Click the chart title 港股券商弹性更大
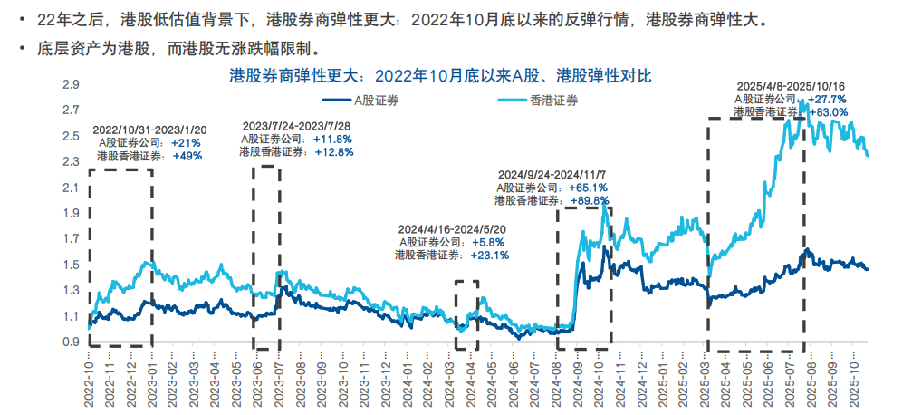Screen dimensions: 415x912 pos(440,76)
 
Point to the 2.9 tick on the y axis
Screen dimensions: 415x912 pos(71,85)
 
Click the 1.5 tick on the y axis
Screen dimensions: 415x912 pos(71,265)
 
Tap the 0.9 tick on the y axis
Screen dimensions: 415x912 pos(71,343)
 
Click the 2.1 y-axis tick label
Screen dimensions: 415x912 pos(71,188)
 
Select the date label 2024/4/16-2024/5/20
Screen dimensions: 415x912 pos(453,230)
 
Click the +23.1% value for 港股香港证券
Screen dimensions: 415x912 pos(490,256)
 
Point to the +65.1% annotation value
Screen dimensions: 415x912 pos(587,187)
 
